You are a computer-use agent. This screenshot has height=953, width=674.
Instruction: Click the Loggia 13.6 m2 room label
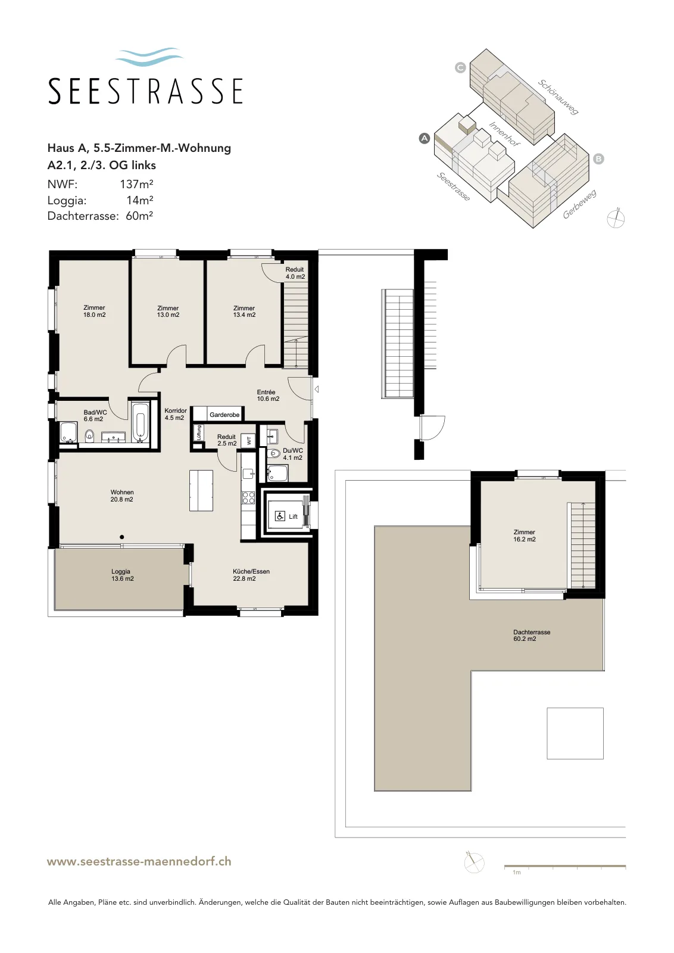(123, 575)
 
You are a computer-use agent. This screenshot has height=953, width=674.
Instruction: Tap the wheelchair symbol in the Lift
(280, 516)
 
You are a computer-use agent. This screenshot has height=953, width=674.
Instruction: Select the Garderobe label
(224, 415)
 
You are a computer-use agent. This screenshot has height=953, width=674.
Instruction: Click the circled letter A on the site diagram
(425, 138)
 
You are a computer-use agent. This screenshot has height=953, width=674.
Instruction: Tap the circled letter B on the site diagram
(598, 159)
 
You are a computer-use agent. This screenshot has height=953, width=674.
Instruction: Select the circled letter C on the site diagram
(460, 68)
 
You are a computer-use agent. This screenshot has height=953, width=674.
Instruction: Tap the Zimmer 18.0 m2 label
(95, 311)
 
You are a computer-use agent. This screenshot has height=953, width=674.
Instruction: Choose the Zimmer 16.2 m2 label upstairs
(525, 535)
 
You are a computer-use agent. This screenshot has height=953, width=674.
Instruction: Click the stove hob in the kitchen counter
(248, 498)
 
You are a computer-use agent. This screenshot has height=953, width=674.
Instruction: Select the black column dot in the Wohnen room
(122, 537)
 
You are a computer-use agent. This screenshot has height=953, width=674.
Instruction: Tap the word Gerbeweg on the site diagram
(579, 204)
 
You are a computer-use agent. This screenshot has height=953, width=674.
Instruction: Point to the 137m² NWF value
(136, 184)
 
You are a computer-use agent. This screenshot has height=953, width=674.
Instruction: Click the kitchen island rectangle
(201, 490)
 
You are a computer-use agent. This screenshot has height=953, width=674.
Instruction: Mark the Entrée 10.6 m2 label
(268, 395)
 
